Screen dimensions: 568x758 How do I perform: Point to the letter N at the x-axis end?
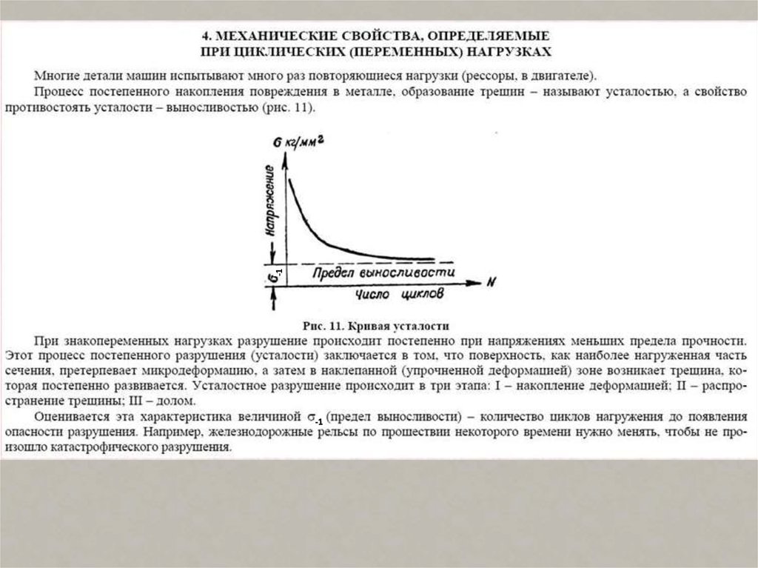[491, 282]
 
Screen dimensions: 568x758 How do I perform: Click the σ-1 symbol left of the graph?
[273, 275]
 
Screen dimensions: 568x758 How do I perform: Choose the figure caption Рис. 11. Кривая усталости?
[378, 325]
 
